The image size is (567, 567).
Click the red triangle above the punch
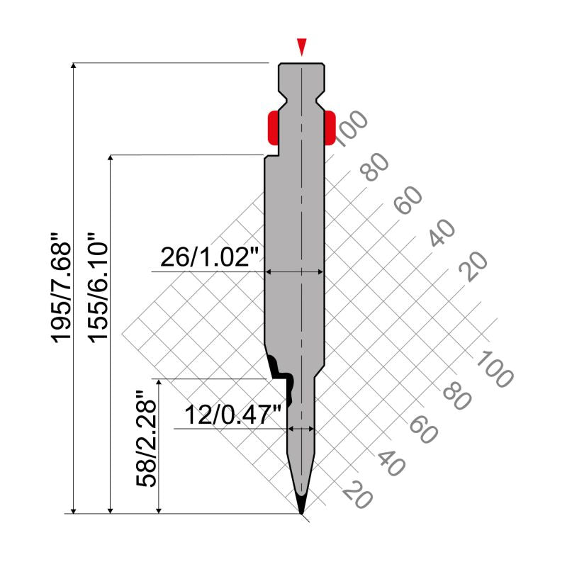coord(302,47)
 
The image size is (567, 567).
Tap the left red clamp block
coord(273,128)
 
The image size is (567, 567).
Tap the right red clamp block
coord(330,128)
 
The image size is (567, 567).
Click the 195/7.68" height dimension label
coord(61,288)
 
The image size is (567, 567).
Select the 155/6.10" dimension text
coord(98,288)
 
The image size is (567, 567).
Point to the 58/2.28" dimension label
coord(146,439)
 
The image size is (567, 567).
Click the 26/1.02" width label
coord(210,257)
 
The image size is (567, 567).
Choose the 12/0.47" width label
coord(233,415)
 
